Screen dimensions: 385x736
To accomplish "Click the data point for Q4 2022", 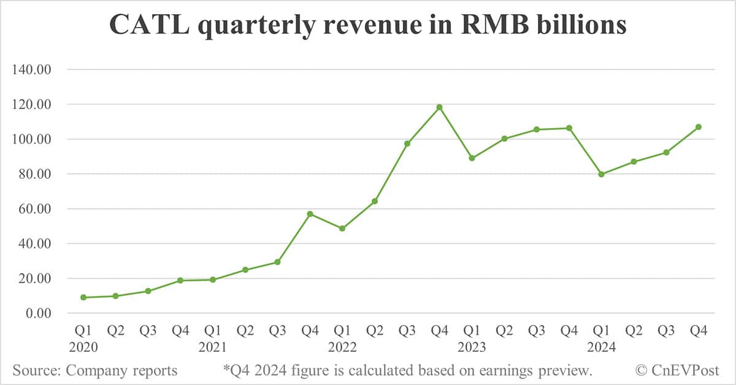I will tap(439, 107).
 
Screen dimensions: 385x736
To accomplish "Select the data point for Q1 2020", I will tap(83, 297).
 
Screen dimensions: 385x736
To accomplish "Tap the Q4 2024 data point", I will tap(698, 127).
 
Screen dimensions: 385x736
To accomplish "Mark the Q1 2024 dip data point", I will tap(601, 174).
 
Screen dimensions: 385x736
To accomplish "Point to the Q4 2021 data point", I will tap(310, 214).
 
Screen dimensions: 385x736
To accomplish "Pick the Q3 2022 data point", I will tap(407, 143).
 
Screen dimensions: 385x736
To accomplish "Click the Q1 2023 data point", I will tap(472, 158).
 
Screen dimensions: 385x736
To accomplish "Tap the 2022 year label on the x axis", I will tap(342, 348).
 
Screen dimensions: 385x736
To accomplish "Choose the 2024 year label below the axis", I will tap(601, 348).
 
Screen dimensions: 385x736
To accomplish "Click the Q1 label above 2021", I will tap(212, 331).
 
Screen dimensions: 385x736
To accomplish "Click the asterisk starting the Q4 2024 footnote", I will tap(226, 368).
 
